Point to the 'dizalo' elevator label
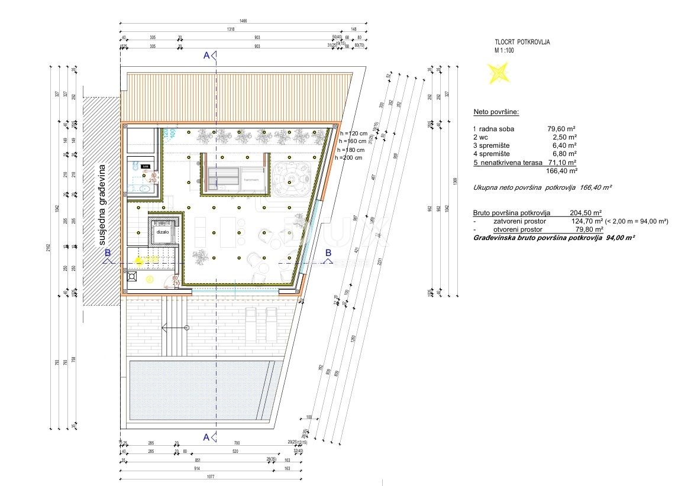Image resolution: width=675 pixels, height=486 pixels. tap(163, 232)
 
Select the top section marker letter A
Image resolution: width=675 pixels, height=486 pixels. tap(206, 56)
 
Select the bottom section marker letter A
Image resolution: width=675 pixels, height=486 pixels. tap(206, 438)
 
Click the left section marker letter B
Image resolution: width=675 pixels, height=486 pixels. tap(107, 252)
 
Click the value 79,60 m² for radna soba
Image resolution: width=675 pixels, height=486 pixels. tap(562, 128)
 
